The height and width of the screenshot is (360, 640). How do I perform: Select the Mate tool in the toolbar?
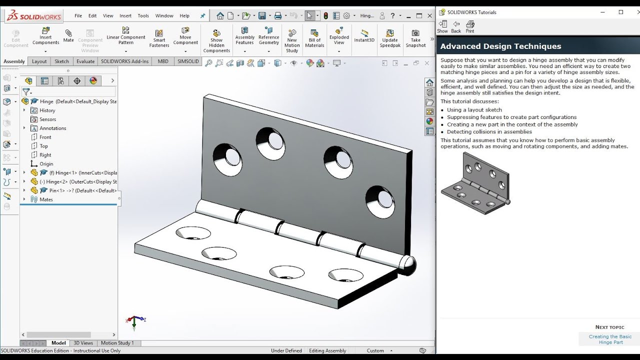click(68, 35)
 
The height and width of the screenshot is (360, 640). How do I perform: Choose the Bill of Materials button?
click(314, 38)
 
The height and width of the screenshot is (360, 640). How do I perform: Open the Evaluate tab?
click(85, 61)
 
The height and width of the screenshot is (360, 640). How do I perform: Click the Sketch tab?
click(61, 61)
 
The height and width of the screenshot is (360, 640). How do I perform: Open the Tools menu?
click(143, 15)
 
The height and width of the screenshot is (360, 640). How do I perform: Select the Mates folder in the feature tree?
click(46, 199)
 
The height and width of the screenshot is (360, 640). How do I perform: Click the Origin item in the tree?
click(46, 164)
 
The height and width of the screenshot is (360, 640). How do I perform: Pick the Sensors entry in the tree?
click(47, 119)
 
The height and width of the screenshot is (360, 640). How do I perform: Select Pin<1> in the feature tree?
click(56, 190)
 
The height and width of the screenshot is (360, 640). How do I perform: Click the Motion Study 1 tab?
click(117, 343)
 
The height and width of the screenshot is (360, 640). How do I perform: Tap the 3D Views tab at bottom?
click(83, 343)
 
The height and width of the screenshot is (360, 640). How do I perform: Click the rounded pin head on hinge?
click(408, 265)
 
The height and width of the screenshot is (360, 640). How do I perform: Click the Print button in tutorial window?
click(470, 26)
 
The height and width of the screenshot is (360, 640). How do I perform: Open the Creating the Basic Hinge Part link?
click(610, 339)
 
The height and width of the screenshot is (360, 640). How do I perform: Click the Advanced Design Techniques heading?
click(500, 46)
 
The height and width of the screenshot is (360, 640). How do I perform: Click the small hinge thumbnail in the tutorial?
click(475, 184)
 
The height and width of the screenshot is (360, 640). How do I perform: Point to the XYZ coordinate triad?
click(134, 320)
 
